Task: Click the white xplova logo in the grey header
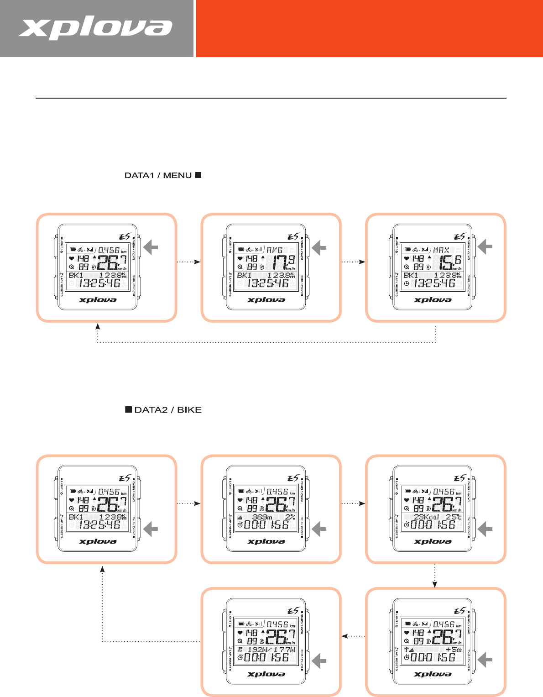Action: coord(95,28)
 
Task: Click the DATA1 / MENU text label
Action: coord(158,175)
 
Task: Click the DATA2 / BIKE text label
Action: coord(168,410)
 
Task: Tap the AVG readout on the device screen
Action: coord(275,250)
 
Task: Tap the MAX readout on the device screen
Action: coord(441,250)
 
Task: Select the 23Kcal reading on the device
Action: coord(427,517)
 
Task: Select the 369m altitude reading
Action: coord(262,517)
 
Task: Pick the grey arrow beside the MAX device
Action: coord(485,247)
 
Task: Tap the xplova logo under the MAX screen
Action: coord(433,300)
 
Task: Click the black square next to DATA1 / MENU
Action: coord(198,175)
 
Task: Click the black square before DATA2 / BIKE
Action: coord(129,409)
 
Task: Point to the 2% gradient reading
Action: coord(290,517)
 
